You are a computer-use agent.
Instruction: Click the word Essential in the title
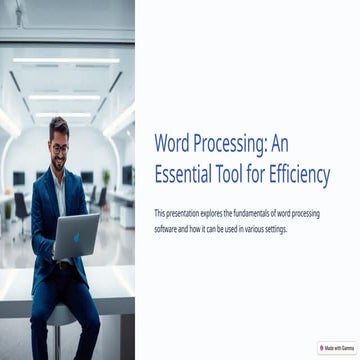pyautogui.click(x=185, y=176)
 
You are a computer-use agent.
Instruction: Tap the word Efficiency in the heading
pyautogui.click(x=295, y=176)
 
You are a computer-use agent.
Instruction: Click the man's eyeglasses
pyautogui.click(x=60, y=146)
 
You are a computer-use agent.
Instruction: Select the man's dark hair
pyautogui.click(x=59, y=126)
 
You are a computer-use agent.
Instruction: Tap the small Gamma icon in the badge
pyautogui.click(x=322, y=348)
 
